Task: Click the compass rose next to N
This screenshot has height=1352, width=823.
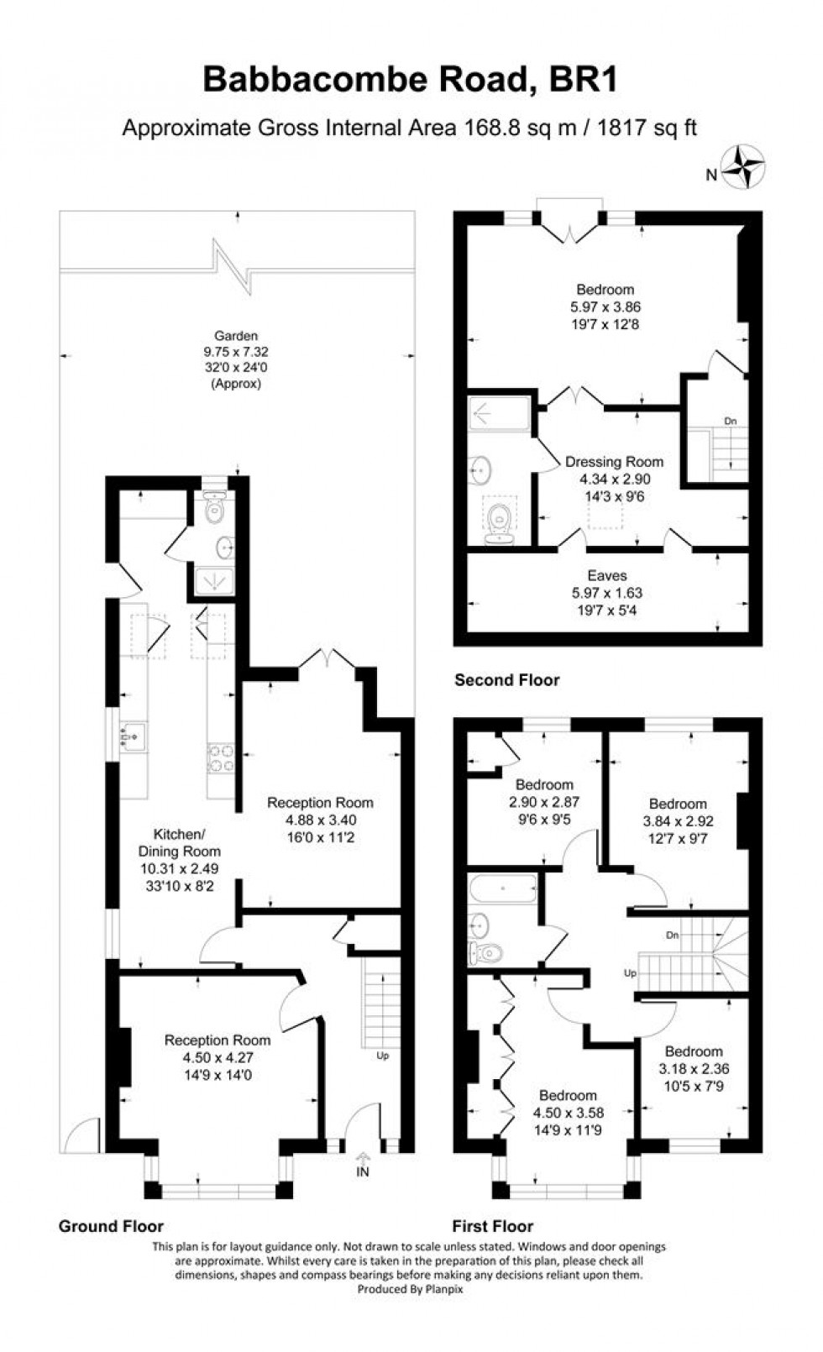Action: (746, 165)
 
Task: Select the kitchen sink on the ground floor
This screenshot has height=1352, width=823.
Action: (134, 736)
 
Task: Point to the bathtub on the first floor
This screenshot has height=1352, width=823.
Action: (502, 887)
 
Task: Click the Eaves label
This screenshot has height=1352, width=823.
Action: (606, 575)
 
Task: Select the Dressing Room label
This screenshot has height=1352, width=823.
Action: (614, 462)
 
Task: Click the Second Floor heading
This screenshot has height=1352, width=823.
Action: (506, 680)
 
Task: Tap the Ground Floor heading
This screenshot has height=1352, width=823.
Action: (111, 1226)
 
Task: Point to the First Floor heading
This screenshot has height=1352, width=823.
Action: (493, 1226)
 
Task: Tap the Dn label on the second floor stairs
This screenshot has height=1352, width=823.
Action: (731, 421)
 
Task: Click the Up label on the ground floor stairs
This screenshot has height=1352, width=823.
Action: (383, 1056)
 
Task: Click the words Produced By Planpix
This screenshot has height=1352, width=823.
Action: (410, 1289)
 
